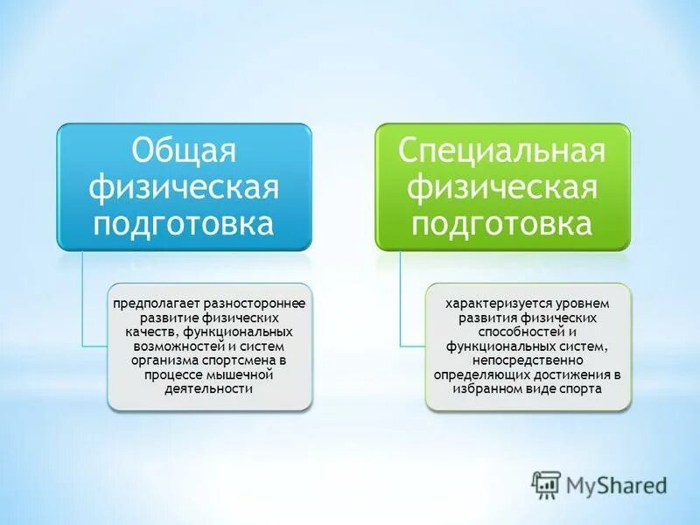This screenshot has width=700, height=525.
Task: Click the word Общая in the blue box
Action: point(185,150)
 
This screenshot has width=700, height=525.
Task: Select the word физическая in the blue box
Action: point(185,186)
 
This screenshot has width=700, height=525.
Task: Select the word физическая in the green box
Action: point(502,186)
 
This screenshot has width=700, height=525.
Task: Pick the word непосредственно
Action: point(527,360)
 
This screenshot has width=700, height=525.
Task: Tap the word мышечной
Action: point(248,374)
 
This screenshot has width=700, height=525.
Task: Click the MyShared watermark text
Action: point(617,485)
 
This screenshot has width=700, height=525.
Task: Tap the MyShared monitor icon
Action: point(546,484)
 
